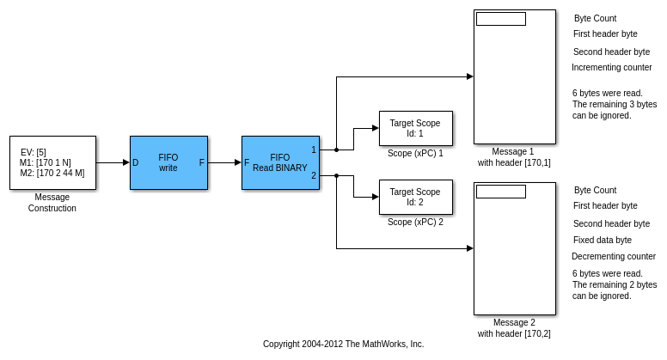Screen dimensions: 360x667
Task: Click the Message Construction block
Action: coord(52,162)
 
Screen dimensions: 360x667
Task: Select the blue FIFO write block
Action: coord(168,162)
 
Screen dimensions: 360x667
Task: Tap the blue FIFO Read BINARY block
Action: coord(280,162)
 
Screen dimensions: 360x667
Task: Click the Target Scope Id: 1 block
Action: coord(415,128)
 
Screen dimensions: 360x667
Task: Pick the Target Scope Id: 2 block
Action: coord(415,197)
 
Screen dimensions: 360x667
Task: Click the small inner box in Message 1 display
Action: coord(500,19)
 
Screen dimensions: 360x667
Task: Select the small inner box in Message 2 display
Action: coord(500,192)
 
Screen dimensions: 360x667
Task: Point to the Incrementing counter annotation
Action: coord(611,68)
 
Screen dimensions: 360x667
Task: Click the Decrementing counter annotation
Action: coord(613,257)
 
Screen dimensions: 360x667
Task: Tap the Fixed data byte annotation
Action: coord(602,241)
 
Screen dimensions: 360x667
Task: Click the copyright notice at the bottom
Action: coord(343,345)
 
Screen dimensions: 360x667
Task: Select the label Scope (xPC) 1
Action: coord(415,154)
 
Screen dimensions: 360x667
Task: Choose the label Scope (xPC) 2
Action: coord(415,223)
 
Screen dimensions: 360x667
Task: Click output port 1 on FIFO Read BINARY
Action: coord(314,149)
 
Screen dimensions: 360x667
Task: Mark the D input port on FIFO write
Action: coord(136,162)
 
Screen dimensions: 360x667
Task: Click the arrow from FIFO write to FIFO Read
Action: coord(224,162)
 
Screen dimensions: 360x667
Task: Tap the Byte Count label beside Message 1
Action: coord(595,19)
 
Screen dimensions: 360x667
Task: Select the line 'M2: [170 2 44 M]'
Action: coord(52,173)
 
